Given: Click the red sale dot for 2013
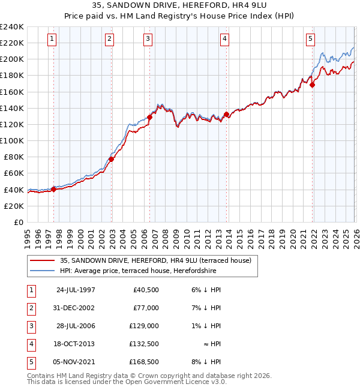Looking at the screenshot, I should click(226, 114).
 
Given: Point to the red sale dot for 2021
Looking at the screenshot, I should click(312, 85).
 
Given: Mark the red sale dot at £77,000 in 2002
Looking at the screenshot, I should click(112, 159).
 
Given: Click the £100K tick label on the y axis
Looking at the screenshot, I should click(12, 140).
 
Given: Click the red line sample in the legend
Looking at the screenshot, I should click(42, 260).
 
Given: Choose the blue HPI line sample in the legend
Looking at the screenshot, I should click(42, 271).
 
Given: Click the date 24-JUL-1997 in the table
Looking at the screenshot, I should click(75, 290).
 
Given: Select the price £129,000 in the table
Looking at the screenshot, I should click(144, 326).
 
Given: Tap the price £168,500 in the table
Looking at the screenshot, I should click(144, 362).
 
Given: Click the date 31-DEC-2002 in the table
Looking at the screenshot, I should click(75, 308).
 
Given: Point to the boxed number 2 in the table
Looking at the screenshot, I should click(29, 308).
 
